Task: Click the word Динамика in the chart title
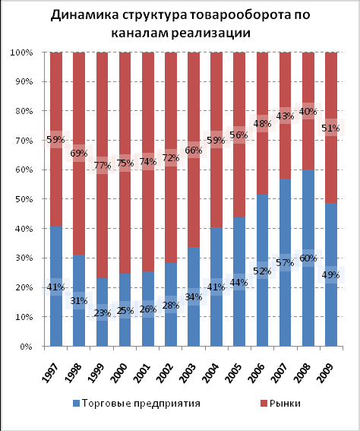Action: point(84,14)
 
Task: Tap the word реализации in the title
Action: point(211,33)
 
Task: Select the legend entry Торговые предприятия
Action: point(137,403)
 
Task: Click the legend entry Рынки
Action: point(280,403)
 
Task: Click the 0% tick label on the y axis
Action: point(27,347)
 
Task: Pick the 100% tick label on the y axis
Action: point(21,52)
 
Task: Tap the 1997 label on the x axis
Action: point(51,372)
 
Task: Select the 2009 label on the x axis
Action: point(325,372)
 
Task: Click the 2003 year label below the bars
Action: point(188,372)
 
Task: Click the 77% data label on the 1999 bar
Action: point(103,166)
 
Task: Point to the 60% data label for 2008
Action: point(308,258)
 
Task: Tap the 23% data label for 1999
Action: point(103,313)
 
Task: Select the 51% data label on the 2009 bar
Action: point(330,128)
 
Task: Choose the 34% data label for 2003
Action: point(194,297)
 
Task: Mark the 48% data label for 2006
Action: point(262,124)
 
